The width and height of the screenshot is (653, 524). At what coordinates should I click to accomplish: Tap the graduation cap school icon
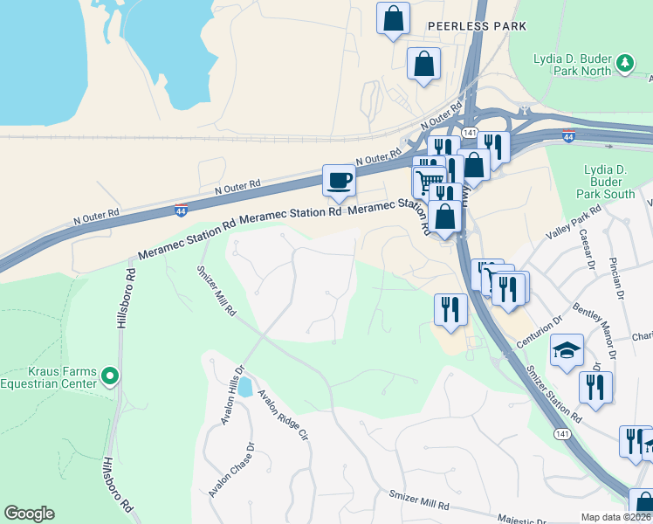567,351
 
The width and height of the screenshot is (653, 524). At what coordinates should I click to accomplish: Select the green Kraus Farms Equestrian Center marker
109,376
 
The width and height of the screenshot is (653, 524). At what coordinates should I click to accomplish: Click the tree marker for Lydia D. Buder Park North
624,62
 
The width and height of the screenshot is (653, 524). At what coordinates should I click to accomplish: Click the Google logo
29,514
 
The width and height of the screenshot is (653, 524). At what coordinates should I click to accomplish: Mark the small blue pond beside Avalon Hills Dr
244,386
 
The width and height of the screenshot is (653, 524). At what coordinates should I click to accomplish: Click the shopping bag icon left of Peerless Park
393,18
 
